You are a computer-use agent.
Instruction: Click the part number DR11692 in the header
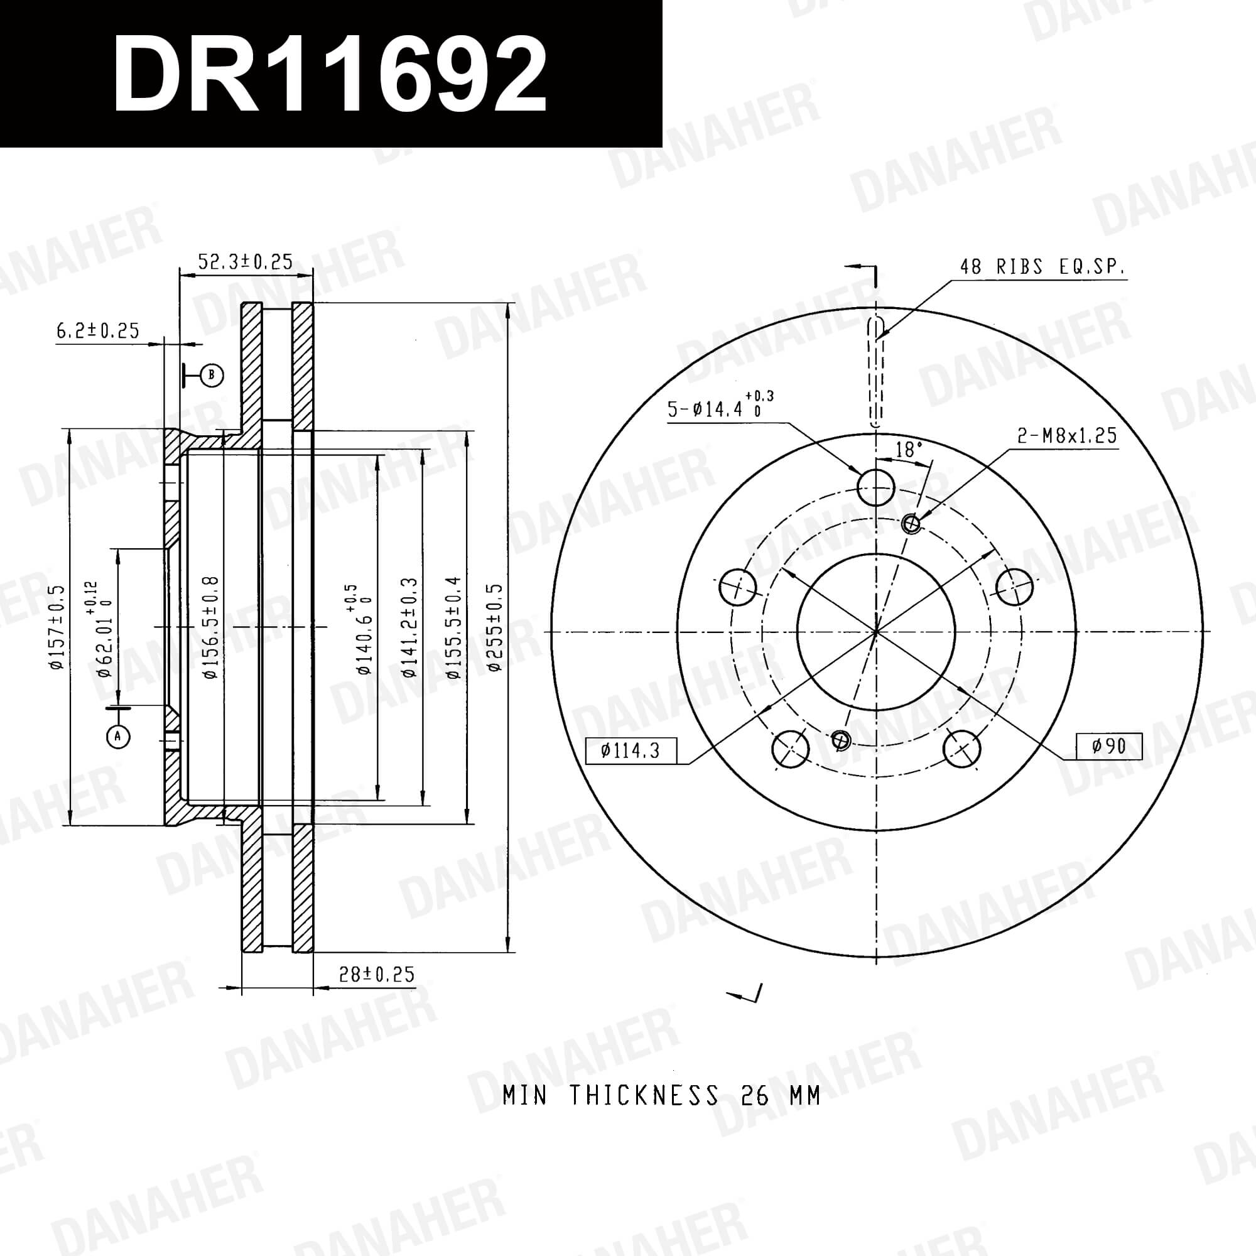[x=330, y=73]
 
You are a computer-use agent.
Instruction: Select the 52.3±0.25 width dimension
[x=245, y=261]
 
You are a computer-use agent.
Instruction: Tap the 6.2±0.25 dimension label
[x=98, y=330]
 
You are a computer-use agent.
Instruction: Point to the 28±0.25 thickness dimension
[x=376, y=974]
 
